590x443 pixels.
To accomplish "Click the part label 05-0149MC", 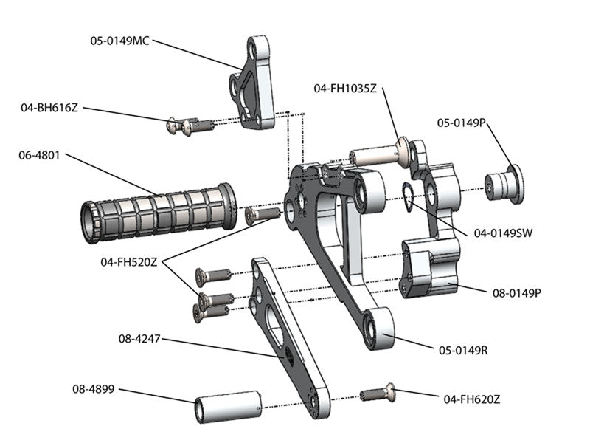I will click(119, 41).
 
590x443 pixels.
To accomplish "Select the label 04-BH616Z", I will click(49, 108).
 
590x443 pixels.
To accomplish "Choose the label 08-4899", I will click(95, 388).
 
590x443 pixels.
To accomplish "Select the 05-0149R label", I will click(463, 349).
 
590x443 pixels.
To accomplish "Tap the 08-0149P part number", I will click(517, 292).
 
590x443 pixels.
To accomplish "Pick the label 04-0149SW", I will click(503, 233).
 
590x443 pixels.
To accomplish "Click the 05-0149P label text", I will click(461, 123).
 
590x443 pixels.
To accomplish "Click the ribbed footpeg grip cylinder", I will click(159, 210).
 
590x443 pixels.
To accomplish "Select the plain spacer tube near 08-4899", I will click(229, 406).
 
